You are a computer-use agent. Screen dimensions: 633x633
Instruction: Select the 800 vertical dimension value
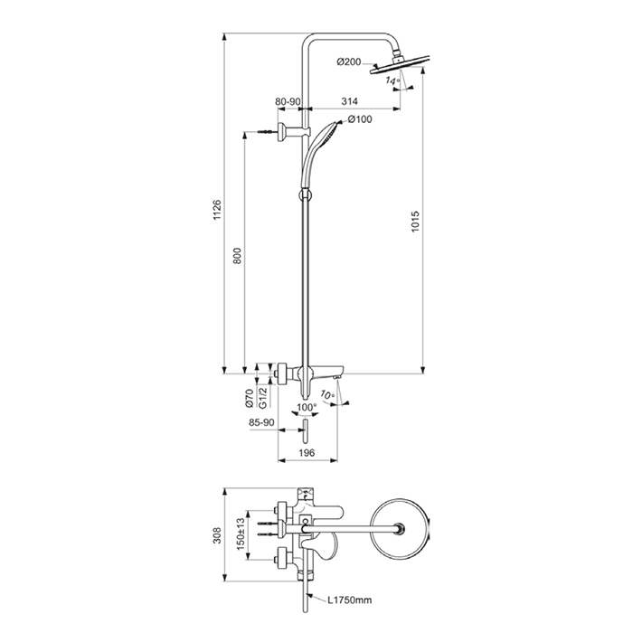tap(237, 256)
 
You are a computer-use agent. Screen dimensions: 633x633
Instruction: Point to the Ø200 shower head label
tap(349, 61)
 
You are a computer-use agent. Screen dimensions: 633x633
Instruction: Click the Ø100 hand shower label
tap(359, 119)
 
